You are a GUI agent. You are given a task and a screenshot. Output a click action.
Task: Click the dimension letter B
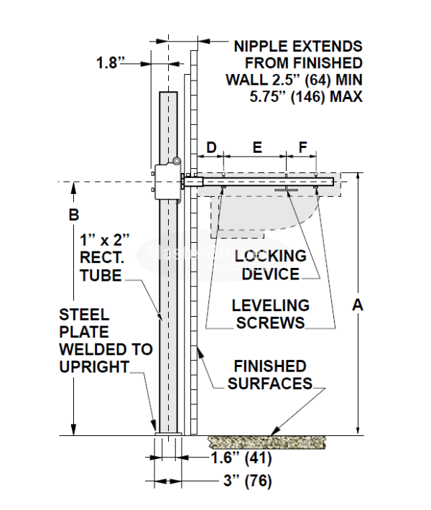tap(73, 215)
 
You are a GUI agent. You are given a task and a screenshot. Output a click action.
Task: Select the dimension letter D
tap(211, 147)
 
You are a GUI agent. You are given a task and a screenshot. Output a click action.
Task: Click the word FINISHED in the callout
tap(270, 366)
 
